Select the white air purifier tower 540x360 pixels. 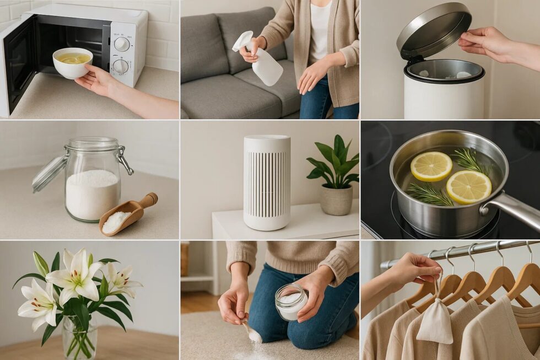267,182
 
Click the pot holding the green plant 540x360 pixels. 336,200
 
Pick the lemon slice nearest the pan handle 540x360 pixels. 468,187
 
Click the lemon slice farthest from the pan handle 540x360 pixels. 431,166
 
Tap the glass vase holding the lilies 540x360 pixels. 79,337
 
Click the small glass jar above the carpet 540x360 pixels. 291,302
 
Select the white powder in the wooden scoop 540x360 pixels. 116,222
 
